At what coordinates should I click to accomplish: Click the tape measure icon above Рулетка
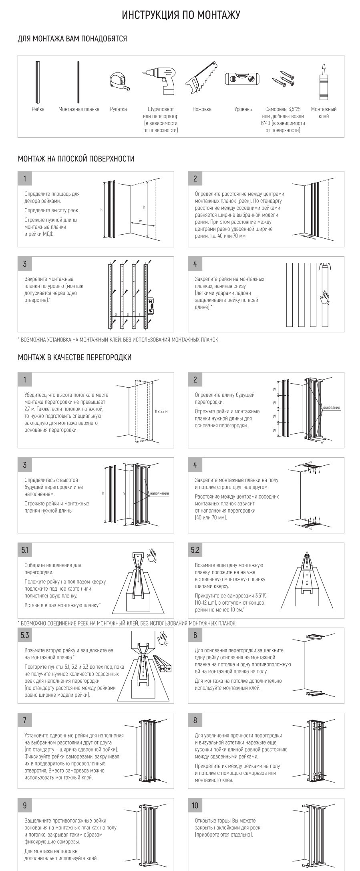click(x=119, y=80)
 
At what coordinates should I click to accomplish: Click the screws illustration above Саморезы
click(x=283, y=78)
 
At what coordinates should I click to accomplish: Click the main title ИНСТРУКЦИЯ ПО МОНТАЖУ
click(x=181, y=15)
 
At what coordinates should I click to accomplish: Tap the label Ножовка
click(x=202, y=109)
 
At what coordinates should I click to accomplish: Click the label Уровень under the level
click(x=243, y=109)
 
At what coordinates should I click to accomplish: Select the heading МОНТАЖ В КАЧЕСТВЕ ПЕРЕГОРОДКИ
click(x=74, y=357)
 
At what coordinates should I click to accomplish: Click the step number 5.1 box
click(x=25, y=550)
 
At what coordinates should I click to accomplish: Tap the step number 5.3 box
click(x=25, y=636)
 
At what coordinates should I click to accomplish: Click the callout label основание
click(x=332, y=408)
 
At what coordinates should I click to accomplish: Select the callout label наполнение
click(x=160, y=493)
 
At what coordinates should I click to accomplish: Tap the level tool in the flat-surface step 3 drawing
click(x=151, y=306)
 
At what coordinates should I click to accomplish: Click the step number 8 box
click(x=195, y=720)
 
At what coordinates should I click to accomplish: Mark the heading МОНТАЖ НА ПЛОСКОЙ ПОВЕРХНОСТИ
click(x=76, y=159)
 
